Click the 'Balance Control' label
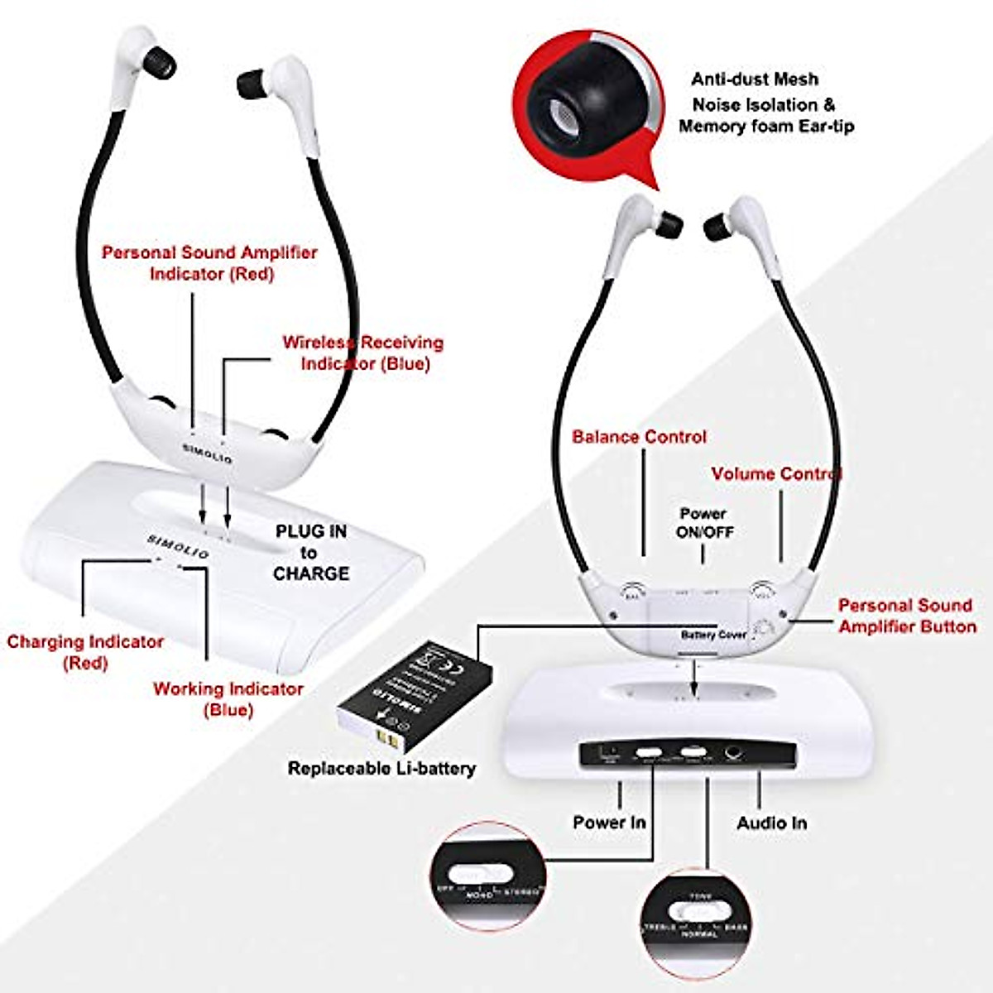[639, 437]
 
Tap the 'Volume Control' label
[776, 474]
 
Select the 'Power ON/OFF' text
[704, 523]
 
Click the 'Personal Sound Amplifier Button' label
[907, 616]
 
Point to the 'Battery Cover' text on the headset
[713, 635]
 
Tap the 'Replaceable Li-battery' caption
[381, 769]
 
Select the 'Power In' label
[609, 823]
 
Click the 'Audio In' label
[771, 823]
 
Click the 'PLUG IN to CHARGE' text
[311, 552]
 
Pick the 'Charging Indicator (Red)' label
[85, 652]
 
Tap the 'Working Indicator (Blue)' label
[228, 699]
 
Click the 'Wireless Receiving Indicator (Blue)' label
[362, 353]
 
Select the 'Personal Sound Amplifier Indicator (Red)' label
[209, 262]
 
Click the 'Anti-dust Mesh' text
[755, 79]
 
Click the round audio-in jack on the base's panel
[733, 754]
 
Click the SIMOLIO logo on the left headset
[207, 453]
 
